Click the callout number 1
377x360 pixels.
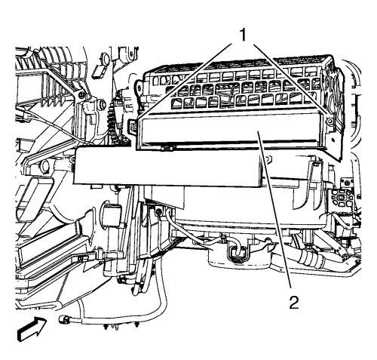(243, 35)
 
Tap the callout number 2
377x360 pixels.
(294, 303)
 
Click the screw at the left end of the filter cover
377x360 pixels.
(133, 125)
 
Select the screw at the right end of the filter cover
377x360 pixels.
(330, 122)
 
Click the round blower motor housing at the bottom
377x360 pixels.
(241, 257)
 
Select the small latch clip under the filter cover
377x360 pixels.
(167, 149)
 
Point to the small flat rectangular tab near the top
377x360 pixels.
(97, 70)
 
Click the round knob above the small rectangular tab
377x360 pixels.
(105, 59)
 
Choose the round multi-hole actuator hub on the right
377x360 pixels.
(341, 198)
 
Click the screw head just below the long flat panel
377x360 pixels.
(158, 212)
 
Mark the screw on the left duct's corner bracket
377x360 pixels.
(81, 94)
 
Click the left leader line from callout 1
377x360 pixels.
(185, 81)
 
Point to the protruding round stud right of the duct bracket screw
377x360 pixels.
(103, 103)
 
